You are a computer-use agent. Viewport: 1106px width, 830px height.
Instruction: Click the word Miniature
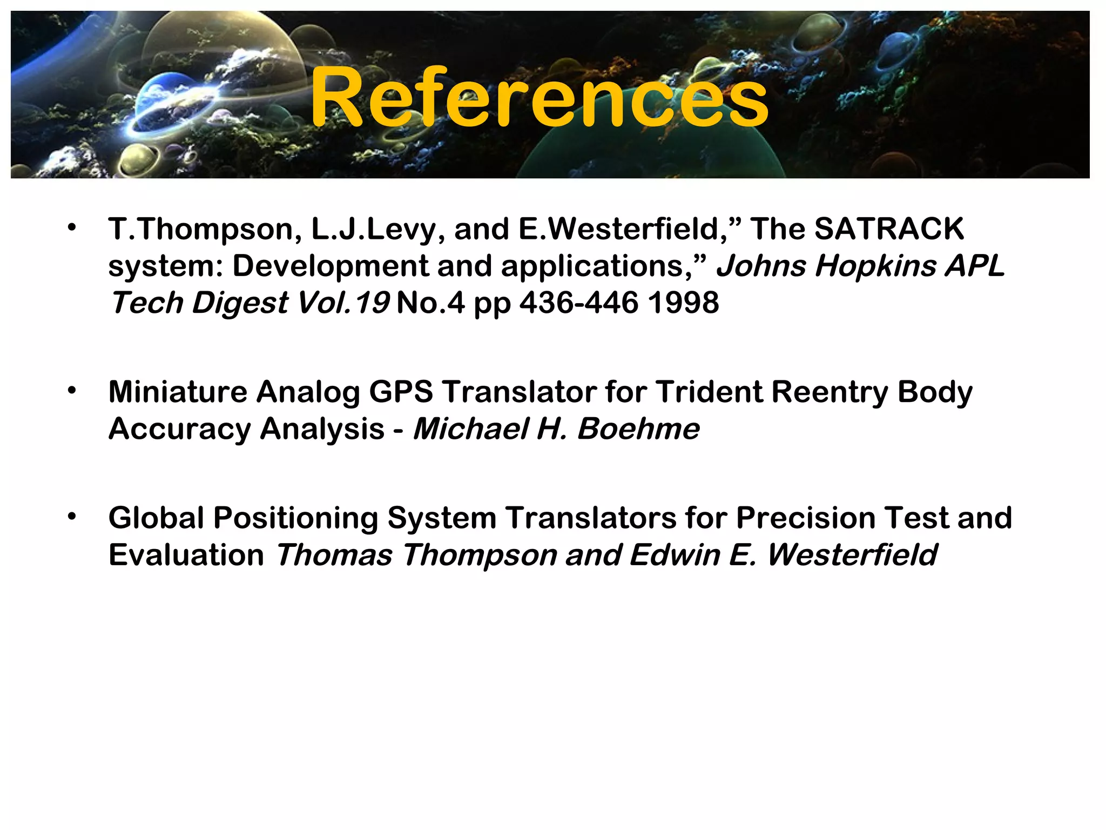point(178,392)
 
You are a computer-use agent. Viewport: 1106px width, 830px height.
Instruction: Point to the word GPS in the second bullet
point(401,392)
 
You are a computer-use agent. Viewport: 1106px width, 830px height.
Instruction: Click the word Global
point(156,518)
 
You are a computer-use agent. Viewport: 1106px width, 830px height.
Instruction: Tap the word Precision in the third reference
point(806,518)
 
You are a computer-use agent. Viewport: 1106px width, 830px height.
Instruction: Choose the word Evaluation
point(186,555)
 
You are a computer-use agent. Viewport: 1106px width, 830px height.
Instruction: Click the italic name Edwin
point(674,555)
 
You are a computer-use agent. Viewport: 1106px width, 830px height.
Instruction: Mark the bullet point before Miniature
point(72,390)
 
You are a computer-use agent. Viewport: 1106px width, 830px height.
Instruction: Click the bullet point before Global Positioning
point(72,516)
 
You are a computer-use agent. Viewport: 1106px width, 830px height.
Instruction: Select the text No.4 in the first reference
point(430,302)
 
